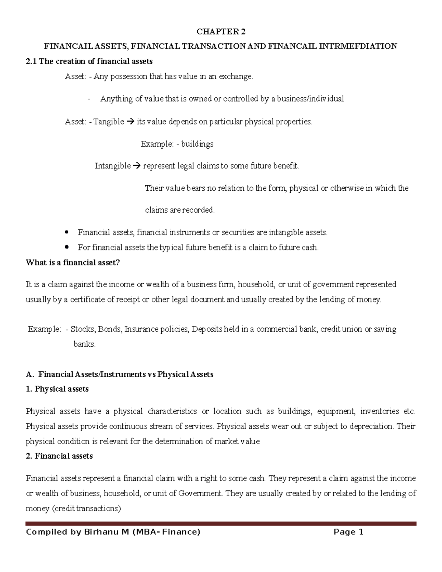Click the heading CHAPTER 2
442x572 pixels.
(x=221, y=32)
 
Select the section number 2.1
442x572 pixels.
(x=31, y=62)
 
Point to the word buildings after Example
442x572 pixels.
(x=197, y=144)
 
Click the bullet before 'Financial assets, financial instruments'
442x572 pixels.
(x=67, y=232)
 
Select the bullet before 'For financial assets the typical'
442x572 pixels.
(x=67, y=247)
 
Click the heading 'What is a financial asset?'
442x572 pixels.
(x=73, y=263)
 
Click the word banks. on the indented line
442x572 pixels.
(x=84, y=345)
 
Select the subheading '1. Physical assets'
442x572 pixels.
(x=57, y=389)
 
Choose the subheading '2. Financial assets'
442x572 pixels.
(x=59, y=456)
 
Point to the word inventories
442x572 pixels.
(x=379, y=411)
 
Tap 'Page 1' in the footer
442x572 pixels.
(x=348, y=532)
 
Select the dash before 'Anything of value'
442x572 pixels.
(x=89, y=99)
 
